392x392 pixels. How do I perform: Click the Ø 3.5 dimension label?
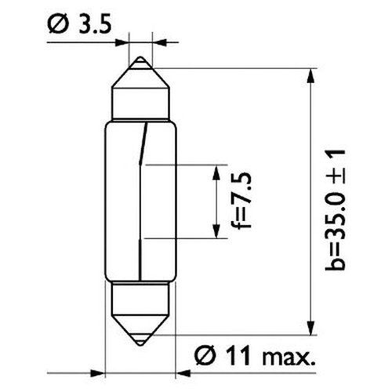79,25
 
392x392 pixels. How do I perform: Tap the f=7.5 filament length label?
241,201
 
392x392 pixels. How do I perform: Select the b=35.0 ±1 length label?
336,210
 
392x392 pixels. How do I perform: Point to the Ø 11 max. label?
255,355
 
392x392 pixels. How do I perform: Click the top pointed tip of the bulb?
140,56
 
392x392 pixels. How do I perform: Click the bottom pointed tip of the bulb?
140,346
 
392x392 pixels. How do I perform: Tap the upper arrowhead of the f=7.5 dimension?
216,172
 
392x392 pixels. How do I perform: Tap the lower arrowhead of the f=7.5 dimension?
216,231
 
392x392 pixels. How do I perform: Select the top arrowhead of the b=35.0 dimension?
310,76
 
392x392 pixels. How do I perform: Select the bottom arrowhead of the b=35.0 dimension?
310,327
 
